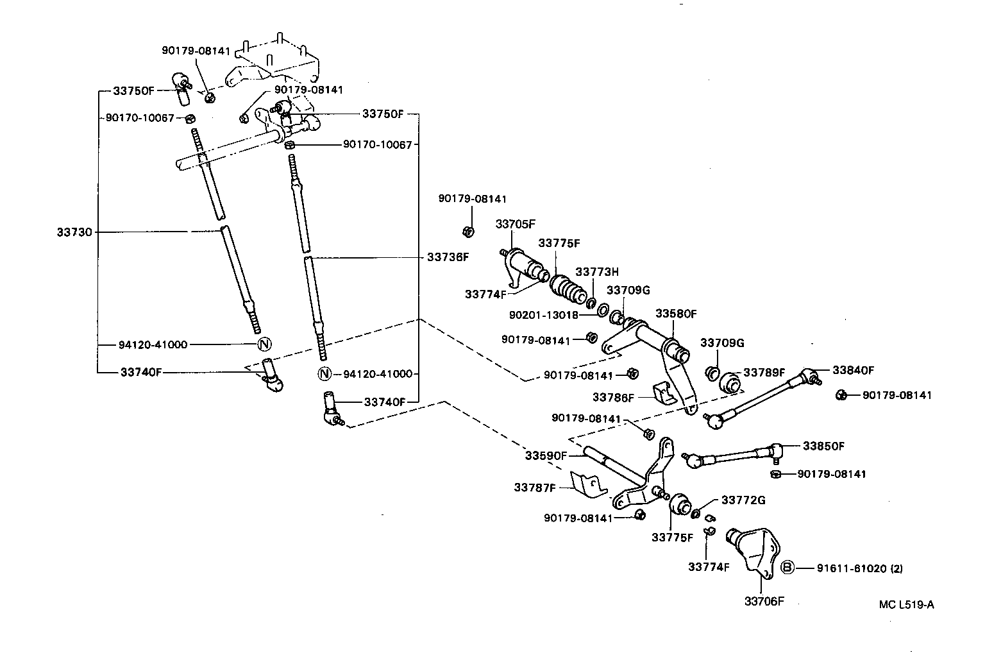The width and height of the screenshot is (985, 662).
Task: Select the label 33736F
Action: pyautogui.click(x=448, y=257)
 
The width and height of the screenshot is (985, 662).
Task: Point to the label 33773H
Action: pyautogui.click(x=596, y=272)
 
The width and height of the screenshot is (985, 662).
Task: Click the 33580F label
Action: pyautogui.click(x=675, y=314)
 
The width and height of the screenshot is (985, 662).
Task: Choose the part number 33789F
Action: pyautogui.click(x=764, y=373)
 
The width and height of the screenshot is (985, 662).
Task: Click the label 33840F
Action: pyautogui.click(x=853, y=370)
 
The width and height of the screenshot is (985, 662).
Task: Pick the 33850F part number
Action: pyautogui.click(x=823, y=446)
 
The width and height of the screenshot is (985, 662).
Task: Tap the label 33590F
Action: pyautogui.click(x=546, y=455)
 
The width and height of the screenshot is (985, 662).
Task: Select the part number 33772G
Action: pyautogui.click(x=743, y=500)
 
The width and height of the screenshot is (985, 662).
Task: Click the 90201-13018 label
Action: pyautogui.click(x=544, y=316)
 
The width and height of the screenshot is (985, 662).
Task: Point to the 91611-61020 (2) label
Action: pyautogui.click(x=859, y=568)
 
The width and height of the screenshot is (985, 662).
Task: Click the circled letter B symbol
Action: pyautogui.click(x=788, y=568)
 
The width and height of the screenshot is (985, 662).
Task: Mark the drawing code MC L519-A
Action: pyautogui.click(x=906, y=604)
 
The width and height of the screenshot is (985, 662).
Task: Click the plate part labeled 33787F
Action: pyautogui.click(x=589, y=484)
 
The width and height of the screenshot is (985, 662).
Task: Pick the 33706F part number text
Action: pyautogui.click(x=764, y=601)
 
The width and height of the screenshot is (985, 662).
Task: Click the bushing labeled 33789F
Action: pyautogui.click(x=730, y=382)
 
